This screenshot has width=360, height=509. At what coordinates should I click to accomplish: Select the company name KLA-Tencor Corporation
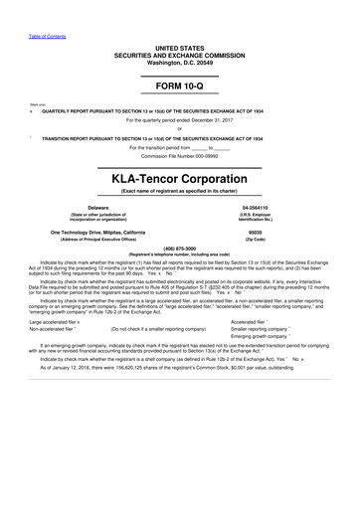(x=180, y=177)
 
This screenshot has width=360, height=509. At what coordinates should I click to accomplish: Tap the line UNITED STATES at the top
(x=180, y=47)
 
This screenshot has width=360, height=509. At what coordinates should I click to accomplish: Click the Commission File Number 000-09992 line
(x=180, y=156)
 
